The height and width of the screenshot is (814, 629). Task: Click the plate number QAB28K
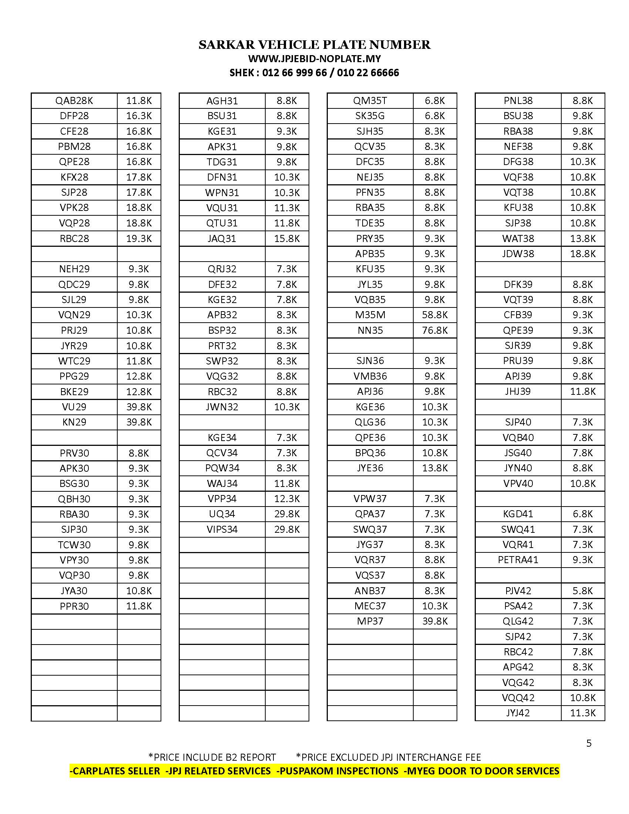pyautogui.click(x=74, y=101)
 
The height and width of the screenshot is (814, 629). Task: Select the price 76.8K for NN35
pyautogui.click(x=434, y=330)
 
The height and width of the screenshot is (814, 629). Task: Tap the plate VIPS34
pyautogui.click(x=222, y=529)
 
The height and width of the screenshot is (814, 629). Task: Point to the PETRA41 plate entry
pyautogui.click(x=518, y=560)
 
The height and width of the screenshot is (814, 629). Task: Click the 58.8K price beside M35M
pyautogui.click(x=434, y=315)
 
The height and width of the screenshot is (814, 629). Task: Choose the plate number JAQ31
pyautogui.click(x=222, y=239)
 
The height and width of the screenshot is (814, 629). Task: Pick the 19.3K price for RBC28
pyautogui.click(x=139, y=239)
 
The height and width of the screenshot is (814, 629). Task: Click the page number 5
pyautogui.click(x=589, y=743)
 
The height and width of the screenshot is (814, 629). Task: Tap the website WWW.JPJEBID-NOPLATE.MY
pyautogui.click(x=314, y=59)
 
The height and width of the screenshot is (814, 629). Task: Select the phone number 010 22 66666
pyautogui.click(x=368, y=73)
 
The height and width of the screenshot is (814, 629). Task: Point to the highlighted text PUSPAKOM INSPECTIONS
pyautogui.click(x=338, y=771)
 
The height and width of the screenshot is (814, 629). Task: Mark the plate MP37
pyautogui.click(x=370, y=621)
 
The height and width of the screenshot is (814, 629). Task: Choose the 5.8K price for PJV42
pyautogui.click(x=582, y=591)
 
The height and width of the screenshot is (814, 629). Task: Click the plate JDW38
pyautogui.click(x=518, y=254)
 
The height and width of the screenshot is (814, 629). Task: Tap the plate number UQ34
pyautogui.click(x=222, y=514)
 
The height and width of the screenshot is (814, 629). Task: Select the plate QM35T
pyautogui.click(x=370, y=101)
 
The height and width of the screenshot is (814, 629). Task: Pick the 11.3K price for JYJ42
pyautogui.click(x=582, y=713)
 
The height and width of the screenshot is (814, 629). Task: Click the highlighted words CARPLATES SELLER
pyautogui.click(x=116, y=771)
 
